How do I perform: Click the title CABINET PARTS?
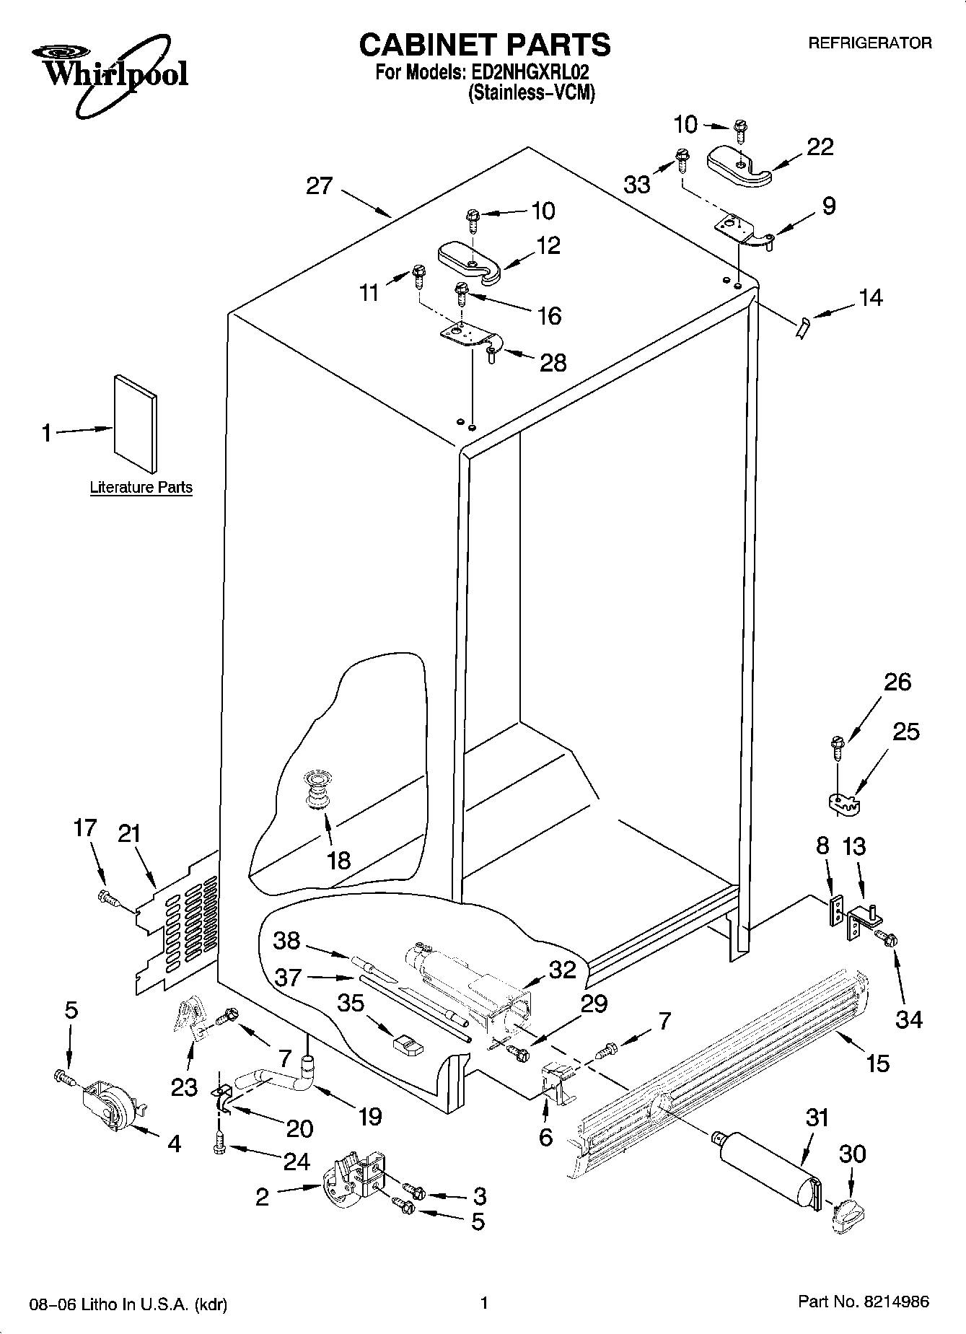pos(484,45)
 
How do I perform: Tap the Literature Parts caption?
pos(141,488)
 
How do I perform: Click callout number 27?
pos(319,186)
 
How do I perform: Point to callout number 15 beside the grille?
pos(877,1063)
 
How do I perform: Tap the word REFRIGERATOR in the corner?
pos(869,43)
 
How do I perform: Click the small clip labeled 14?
pos(800,328)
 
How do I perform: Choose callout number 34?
pos(909,1019)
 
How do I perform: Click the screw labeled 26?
pos(838,746)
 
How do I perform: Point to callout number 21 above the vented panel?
pos(130,834)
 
